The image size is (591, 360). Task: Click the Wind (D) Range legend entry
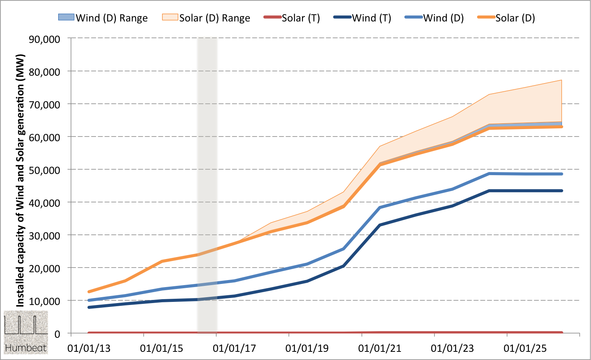pyautogui.click(x=103, y=18)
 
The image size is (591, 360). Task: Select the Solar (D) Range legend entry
pyautogui.click(x=206, y=18)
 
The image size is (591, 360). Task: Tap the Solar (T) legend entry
pyautogui.click(x=292, y=18)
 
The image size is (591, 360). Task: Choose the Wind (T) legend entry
pyautogui.click(x=363, y=18)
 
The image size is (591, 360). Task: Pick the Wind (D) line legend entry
pyautogui.click(x=434, y=18)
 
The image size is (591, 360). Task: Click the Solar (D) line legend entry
pyautogui.click(x=506, y=18)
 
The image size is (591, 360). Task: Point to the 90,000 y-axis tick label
pyautogui.click(x=45, y=39)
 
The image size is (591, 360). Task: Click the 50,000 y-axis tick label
pyautogui.click(x=45, y=170)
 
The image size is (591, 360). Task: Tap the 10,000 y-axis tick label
pyautogui.click(x=45, y=301)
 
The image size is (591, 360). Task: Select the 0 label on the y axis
pyautogui.click(x=57, y=334)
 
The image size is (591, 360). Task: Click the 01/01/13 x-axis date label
pyautogui.click(x=89, y=348)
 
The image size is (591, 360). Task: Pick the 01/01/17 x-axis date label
pyautogui.click(x=234, y=348)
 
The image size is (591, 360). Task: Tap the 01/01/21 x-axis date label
pyautogui.click(x=379, y=348)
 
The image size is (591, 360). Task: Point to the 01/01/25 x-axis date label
pyautogui.click(x=525, y=348)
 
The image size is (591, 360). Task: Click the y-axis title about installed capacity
pyautogui.click(x=20, y=180)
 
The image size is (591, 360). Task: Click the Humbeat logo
pyautogui.click(x=26, y=332)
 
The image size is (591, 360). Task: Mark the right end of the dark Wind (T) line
pyautogui.click(x=561, y=191)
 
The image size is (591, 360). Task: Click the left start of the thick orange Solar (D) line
pyautogui.click(x=89, y=292)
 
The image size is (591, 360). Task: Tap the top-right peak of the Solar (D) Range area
pyautogui.click(x=561, y=80)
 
